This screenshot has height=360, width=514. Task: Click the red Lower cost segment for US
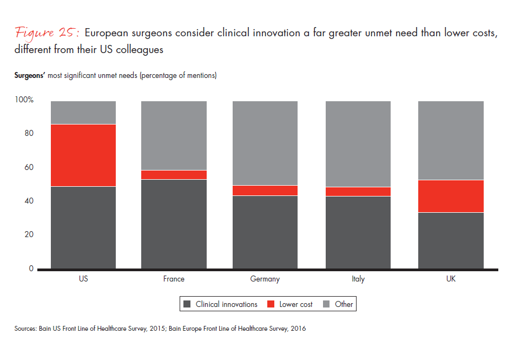(x=83, y=155)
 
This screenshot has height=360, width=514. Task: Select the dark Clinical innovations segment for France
(x=174, y=224)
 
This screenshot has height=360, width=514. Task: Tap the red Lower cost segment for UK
(x=451, y=196)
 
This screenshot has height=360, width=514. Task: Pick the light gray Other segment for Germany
(x=265, y=143)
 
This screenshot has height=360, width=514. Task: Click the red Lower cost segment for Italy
(x=358, y=192)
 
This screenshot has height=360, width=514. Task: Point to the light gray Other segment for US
(x=83, y=113)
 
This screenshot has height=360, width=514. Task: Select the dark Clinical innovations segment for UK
(x=451, y=240)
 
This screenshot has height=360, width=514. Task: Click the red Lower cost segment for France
(x=174, y=175)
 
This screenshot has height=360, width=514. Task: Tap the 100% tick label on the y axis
(x=24, y=100)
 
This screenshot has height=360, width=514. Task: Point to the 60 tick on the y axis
(x=28, y=167)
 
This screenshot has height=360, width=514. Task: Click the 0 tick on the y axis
(x=31, y=269)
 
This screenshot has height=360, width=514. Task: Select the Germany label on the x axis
(x=265, y=279)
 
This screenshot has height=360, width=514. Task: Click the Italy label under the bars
(x=358, y=279)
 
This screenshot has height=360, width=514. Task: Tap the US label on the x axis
(x=83, y=279)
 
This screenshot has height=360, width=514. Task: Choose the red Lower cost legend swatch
(x=271, y=304)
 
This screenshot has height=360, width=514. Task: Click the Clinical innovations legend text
(x=226, y=304)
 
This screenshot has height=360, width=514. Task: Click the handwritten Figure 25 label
(x=48, y=33)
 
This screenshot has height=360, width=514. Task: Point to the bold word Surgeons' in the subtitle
(x=30, y=76)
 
